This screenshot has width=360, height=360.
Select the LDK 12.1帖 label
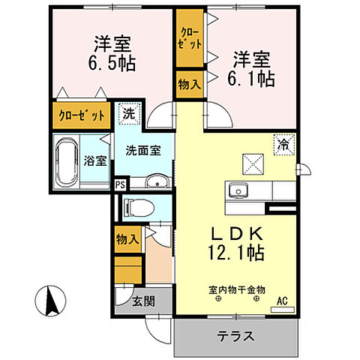[x=235, y=243]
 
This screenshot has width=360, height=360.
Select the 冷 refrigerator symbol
[x=284, y=142]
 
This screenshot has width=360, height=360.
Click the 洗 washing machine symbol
[x=129, y=114]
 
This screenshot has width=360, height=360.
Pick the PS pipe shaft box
[x=120, y=184]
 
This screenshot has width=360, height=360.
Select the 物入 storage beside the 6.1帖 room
[x=190, y=83]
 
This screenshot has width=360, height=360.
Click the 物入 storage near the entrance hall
[x=128, y=239]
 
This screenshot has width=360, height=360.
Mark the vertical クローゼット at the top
[x=190, y=38]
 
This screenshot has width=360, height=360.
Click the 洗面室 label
[x=143, y=149]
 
